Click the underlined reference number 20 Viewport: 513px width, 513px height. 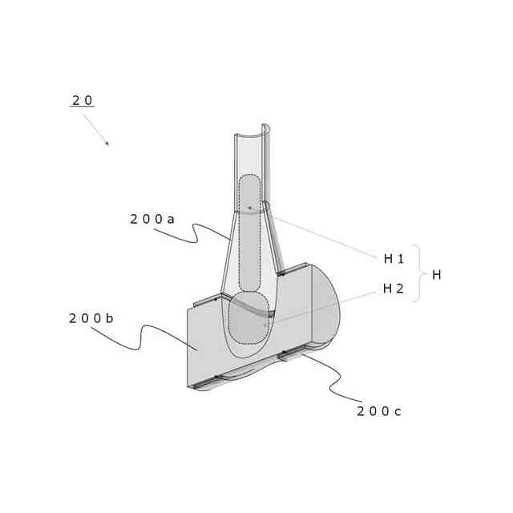coord(83,100)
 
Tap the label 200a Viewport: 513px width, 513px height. coord(152,219)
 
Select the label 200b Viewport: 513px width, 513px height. coord(91,318)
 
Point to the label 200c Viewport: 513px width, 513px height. coord(379,411)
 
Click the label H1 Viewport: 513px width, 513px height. coord(394,259)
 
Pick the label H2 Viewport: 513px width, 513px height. coord(394,289)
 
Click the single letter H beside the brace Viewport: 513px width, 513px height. coord(436,275)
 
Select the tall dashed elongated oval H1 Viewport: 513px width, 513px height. coord(250,233)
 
